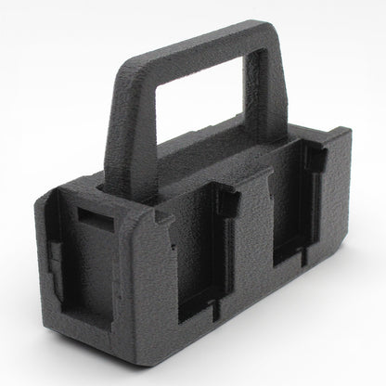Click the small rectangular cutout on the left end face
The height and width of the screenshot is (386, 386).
click(89, 219)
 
